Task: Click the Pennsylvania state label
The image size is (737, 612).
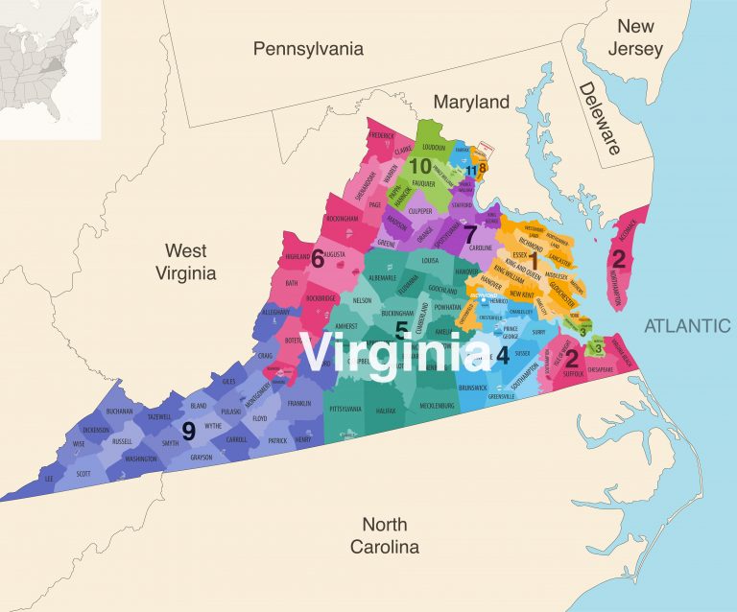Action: pos(309,48)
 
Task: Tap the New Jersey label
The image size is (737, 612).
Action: pos(640,37)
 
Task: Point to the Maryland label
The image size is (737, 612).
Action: pos(470,102)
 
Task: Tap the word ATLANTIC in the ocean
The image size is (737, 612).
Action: pos(687,326)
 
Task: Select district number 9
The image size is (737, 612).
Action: pos(189,432)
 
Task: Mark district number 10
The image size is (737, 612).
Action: pos(420,166)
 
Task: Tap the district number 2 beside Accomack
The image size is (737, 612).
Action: pos(619,257)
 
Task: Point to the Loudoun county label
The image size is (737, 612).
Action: pos(434,149)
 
